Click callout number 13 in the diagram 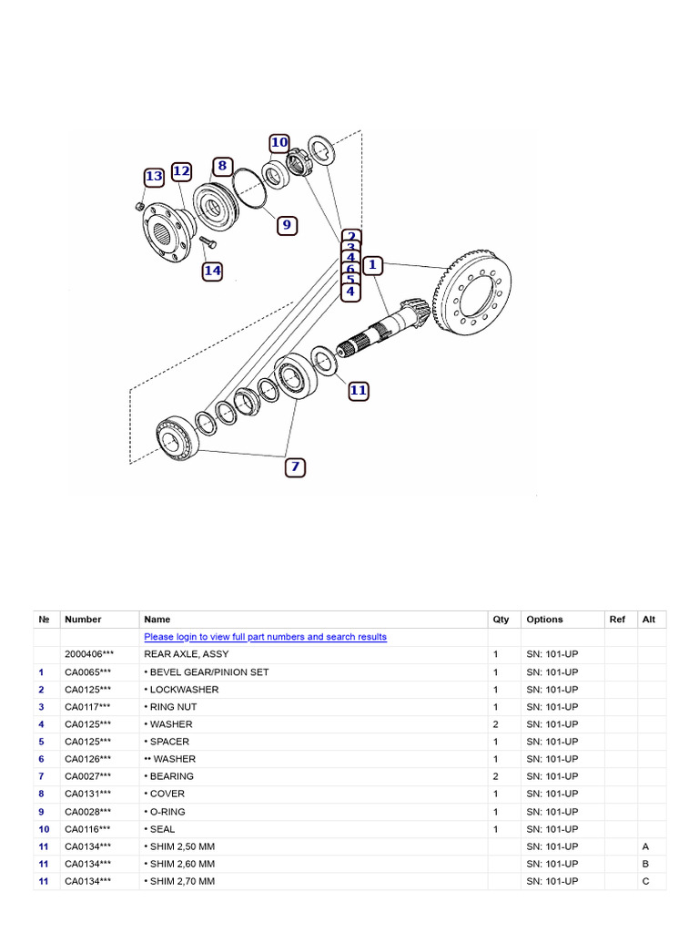point(154,177)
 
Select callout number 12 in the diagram point(181,171)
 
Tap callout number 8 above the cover point(221,166)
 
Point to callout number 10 point(279,143)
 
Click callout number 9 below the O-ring point(287,225)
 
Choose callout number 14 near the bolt point(212,271)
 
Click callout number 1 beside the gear point(371,265)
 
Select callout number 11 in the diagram point(358,390)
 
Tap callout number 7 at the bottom point(294,467)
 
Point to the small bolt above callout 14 point(204,242)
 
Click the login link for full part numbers point(265,637)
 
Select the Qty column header point(501,620)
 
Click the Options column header point(544,620)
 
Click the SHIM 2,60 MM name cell point(179,864)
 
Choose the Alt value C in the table point(645,881)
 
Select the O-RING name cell point(167,811)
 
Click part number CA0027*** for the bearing point(87,776)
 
